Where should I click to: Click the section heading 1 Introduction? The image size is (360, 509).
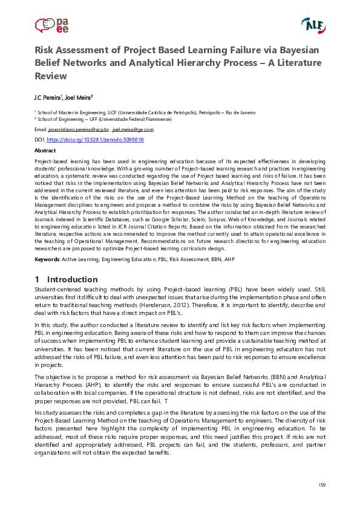tap(66, 279)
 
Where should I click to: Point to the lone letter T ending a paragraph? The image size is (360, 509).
tap(165, 401)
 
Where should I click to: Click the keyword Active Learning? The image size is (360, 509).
tap(79, 259)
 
